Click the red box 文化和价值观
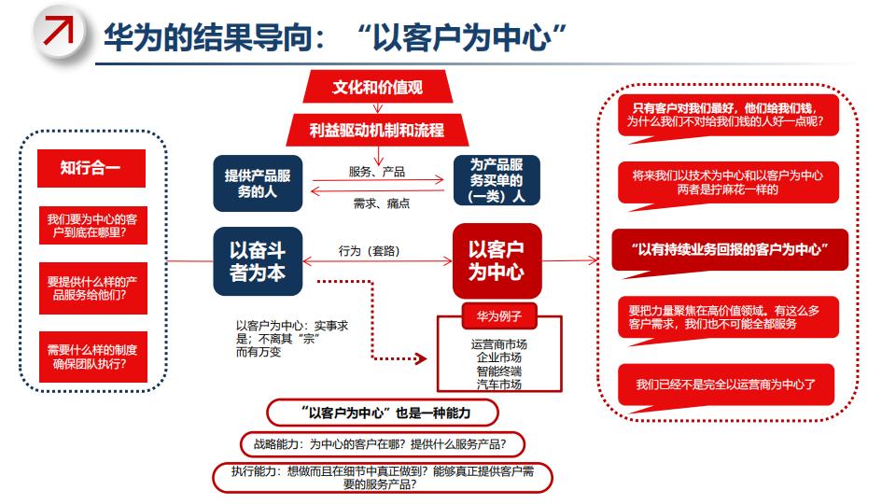[377, 88]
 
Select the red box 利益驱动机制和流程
[377, 130]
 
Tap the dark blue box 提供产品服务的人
[258, 183]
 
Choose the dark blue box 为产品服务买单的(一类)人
[496, 179]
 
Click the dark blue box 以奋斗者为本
[258, 260]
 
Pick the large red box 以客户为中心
[496, 260]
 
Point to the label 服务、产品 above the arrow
[376, 172]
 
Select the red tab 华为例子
[499, 315]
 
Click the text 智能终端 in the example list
[499, 371]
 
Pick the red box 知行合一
[91, 168]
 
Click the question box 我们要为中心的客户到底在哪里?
[91, 227]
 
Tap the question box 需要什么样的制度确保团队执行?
[91, 357]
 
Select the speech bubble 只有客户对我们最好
[727, 115]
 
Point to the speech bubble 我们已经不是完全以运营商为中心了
[729, 385]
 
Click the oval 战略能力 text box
[382, 444]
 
